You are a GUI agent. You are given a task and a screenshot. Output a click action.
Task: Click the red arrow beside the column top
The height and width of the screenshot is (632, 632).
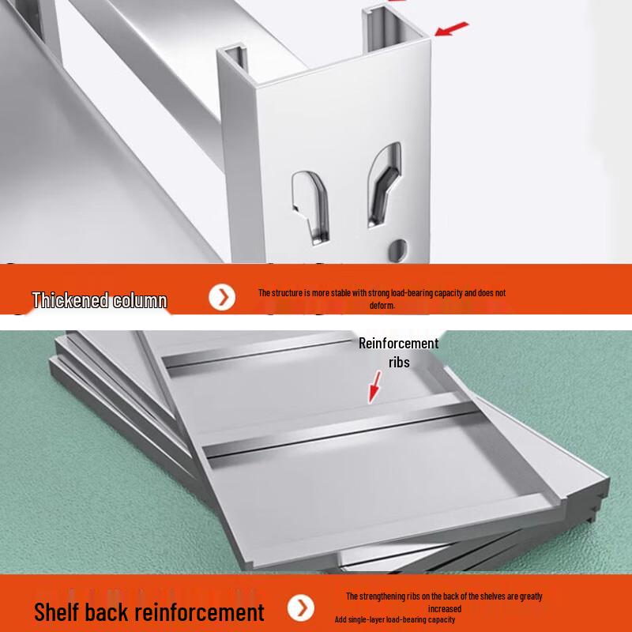click(452, 29)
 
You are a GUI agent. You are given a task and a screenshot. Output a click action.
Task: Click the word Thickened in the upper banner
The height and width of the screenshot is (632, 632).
click(70, 300)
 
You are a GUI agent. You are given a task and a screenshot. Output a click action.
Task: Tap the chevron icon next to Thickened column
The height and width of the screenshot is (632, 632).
click(223, 297)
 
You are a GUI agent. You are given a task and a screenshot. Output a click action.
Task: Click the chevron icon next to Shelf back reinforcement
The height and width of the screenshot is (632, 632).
click(300, 608)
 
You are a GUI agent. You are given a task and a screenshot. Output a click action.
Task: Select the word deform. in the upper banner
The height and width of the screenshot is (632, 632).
click(382, 305)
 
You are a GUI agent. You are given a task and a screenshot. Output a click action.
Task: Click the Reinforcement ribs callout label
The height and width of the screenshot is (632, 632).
click(398, 352)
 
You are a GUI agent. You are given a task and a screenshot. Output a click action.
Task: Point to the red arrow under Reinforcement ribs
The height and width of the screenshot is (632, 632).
click(374, 387)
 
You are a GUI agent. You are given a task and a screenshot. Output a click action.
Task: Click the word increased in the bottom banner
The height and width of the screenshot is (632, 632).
click(444, 608)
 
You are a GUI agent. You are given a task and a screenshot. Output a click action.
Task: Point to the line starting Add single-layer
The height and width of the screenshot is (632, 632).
click(394, 619)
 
